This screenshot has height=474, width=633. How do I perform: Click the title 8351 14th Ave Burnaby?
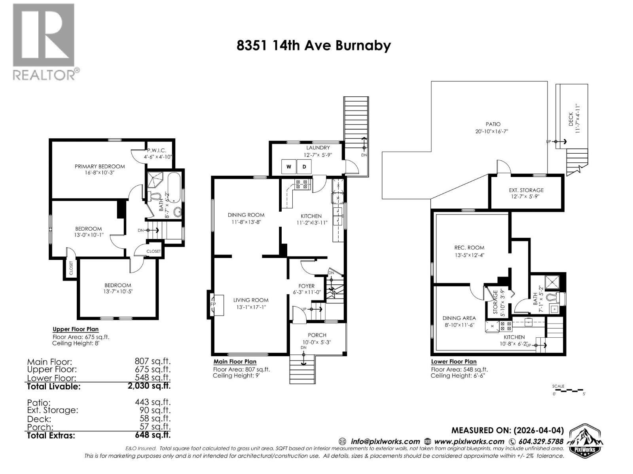pos(314,45)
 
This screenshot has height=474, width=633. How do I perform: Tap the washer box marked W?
pos(289,167)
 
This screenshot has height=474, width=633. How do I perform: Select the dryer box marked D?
pos(304,167)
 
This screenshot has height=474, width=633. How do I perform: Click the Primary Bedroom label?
pos(100,166)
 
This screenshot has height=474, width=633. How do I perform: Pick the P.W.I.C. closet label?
pos(157,150)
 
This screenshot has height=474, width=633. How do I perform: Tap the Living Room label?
pos(251,300)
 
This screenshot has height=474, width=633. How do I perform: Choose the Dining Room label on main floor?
pos(246,215)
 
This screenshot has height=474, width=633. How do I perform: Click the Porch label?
pos(317,335)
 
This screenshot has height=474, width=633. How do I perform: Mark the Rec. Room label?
pos(469,248)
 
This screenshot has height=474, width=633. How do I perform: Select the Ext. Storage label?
pos(526,190)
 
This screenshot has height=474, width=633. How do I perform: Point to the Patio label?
pos(493,124)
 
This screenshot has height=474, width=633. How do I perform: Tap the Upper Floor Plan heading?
pos(76,329)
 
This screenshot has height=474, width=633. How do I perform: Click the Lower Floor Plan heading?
pos(454,361)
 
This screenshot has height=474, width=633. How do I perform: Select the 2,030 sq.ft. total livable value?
pos(147,386)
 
